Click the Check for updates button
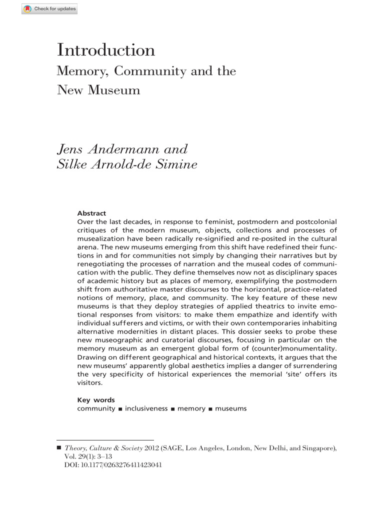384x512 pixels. [49, 9]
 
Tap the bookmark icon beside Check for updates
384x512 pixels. [27, 9]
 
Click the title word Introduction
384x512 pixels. [106, 50]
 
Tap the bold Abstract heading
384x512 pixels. [91, 213]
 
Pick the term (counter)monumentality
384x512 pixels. [293, 348]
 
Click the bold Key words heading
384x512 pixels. [95, 400]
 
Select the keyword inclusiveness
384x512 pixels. [146, 408]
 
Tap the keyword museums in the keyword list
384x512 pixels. [230, 408]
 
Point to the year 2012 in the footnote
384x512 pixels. [152, 448]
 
